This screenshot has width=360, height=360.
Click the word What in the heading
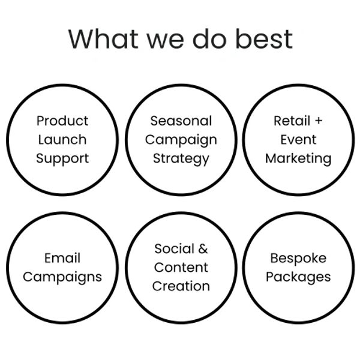(104, 39)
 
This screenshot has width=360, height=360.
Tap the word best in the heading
(264, 38)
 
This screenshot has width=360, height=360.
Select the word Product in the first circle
(62, 121)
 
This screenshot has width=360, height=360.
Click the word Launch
(62, 139)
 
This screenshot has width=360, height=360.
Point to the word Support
(62, 159)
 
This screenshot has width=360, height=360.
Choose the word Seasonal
(181, 121)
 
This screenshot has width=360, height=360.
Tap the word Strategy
(181, 159)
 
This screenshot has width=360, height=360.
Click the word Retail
(292, 121)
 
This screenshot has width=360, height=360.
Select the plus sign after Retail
(319, 121)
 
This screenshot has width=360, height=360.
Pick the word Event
(298, 139)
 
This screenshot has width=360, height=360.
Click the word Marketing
(298, 159)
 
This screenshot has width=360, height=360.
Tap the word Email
(62, 258)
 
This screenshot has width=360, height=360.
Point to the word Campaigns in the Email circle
(62, 277)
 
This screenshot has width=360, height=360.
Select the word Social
(174, 248)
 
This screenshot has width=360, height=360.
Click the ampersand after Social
(203, 248)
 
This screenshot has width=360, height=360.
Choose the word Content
(181, 268)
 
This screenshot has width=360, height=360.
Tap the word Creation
(181, 286)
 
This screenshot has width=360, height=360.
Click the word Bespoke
(298, 259)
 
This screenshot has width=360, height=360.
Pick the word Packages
(298, 277)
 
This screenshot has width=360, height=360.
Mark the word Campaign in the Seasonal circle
(181, 140)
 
